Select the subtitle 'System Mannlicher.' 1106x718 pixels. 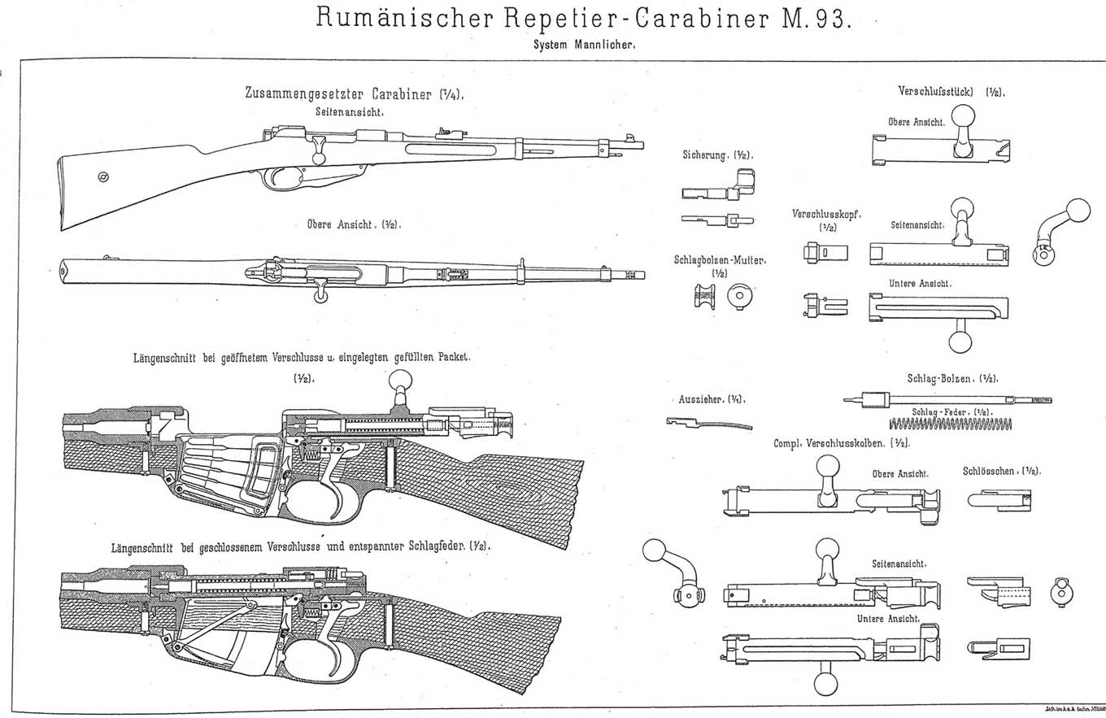[584, 46]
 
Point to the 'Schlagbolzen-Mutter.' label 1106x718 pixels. [720, 260]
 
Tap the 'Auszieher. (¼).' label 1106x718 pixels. [712, 399]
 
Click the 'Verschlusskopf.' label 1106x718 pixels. [827, 214]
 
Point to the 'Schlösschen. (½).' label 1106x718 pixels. [1002, 471]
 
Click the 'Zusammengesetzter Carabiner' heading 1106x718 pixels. [354, 94]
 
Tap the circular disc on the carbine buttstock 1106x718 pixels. [103, 177]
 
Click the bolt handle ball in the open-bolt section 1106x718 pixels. [402, 379]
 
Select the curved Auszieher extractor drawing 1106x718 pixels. [708, 423]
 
